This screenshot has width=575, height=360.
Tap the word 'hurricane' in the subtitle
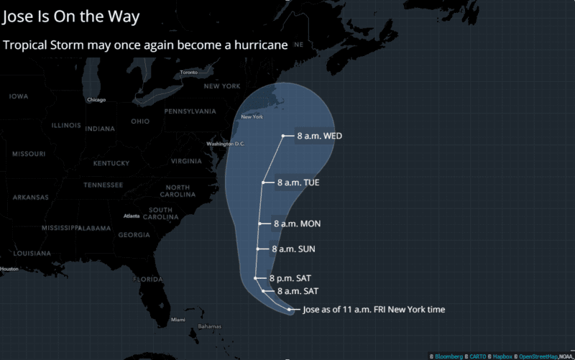259,45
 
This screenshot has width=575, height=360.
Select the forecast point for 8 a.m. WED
283,136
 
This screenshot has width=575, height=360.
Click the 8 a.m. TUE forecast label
298,183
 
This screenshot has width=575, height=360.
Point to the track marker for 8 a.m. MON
260,223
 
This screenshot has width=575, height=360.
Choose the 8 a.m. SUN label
293,249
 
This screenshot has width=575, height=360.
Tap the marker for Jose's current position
290,310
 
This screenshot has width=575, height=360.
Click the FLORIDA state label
147,279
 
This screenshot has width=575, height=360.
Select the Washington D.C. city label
226,144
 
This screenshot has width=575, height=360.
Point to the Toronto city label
189,73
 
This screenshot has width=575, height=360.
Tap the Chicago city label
96,100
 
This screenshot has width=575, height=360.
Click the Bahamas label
210,327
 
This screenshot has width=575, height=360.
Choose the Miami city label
178,320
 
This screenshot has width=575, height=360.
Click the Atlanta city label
132,216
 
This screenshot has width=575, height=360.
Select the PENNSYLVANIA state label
190,111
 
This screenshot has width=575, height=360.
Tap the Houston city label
9,269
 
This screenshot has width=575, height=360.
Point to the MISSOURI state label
29,154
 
